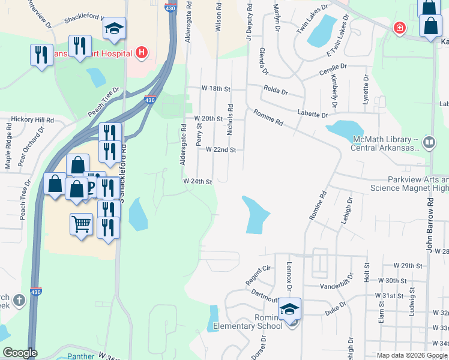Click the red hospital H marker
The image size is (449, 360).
142,53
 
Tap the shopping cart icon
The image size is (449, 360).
81,224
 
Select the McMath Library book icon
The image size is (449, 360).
429,143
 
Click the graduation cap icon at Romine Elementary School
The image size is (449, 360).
290,309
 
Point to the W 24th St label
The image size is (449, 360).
198,181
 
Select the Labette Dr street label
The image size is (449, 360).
313,114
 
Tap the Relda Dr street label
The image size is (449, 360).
276,92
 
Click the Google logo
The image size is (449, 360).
20,353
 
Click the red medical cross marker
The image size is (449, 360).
399,28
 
